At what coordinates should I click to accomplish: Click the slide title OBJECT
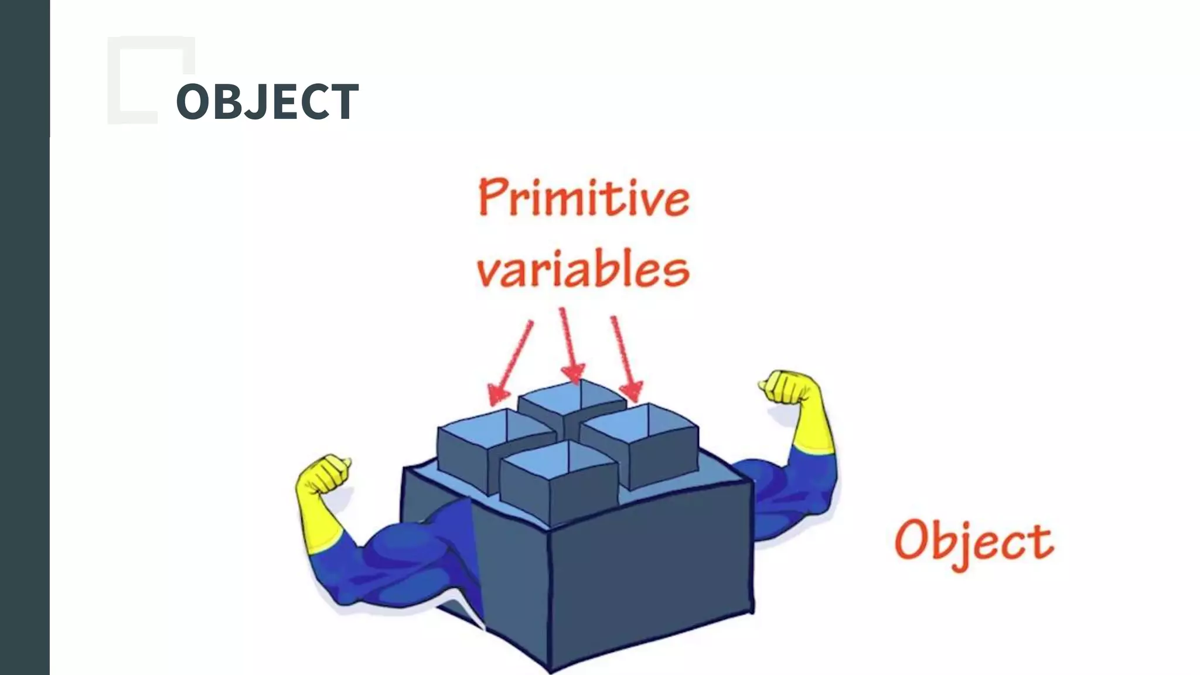coord(267,102)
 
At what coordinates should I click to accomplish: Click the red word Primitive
coord(584,198)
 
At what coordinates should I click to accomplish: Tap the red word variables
coord(582,270)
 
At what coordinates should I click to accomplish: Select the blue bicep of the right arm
coord(779,492)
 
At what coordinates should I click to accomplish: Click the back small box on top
coord(571,404)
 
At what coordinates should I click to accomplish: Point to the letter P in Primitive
coord(492,198)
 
